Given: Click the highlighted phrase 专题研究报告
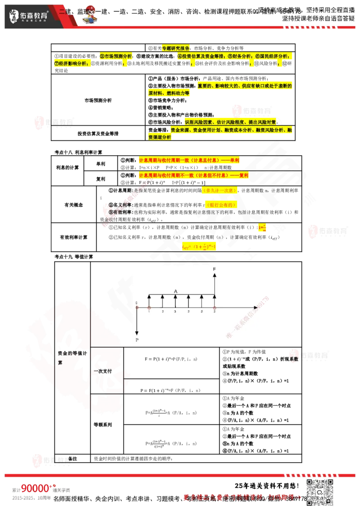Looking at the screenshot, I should (175, 48).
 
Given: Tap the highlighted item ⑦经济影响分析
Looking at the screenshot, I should (71, 64).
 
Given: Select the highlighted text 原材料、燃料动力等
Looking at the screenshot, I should (169, 93).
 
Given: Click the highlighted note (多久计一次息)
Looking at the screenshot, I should (219, 191).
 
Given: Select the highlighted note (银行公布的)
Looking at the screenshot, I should (221, 205).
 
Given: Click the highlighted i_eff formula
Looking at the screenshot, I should (199, 246).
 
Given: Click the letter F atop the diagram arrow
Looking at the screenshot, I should (214, 269).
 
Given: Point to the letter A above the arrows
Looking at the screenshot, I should (175, 291).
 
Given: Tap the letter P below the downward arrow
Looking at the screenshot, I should (137, 340).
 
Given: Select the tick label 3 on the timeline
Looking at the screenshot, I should (175, 311).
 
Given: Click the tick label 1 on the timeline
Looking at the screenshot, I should (149, 311).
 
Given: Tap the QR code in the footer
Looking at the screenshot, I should (320, 492).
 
